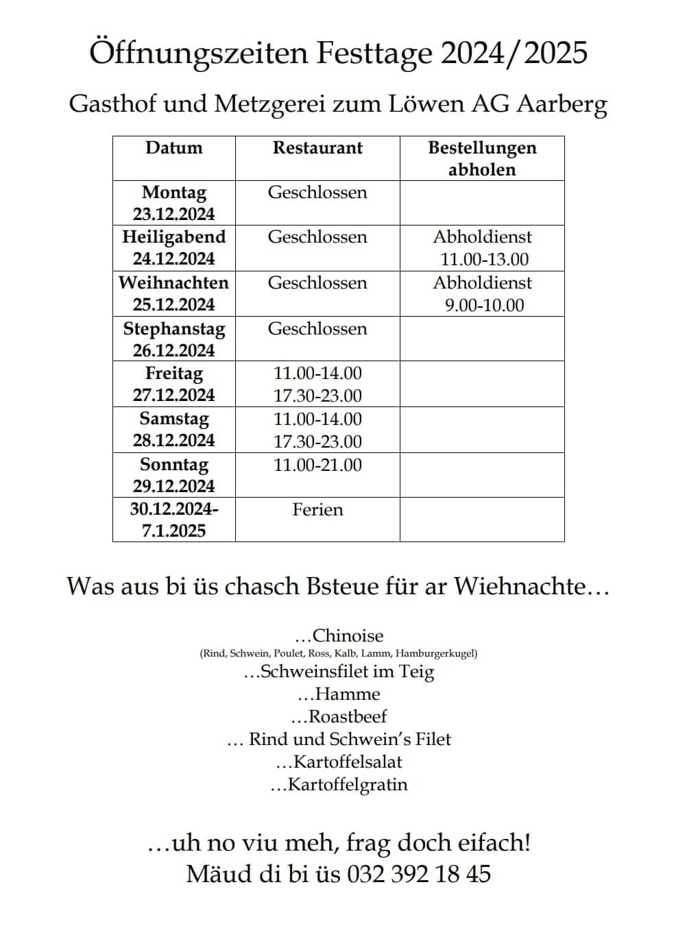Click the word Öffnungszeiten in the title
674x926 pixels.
point(198,53)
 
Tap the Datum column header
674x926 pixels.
point(174,148)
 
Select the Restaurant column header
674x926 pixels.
point(317,148)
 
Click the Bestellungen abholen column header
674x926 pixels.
point(482,158)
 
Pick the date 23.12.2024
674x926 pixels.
point(174,215)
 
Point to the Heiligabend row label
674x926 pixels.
point(174,237)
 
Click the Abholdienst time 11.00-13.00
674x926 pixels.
point(484,260)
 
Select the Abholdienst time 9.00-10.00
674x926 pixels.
point(484,306)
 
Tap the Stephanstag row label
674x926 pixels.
point(174,329)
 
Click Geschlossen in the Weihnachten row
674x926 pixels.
point(317,283)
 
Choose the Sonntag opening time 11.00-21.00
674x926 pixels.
point(317,465)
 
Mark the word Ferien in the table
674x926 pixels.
point(317,510)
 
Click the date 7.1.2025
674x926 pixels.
point(174,531)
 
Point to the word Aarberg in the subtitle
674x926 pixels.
point(562,104)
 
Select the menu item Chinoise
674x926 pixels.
point(348,635)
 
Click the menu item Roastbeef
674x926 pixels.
point(348,717)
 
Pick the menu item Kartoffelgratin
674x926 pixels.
point(348,785)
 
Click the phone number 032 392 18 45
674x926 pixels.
point(419,874)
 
